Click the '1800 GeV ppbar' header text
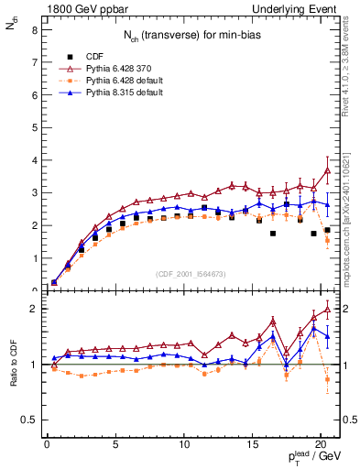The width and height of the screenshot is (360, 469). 80,8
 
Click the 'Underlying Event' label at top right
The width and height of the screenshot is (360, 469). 298,8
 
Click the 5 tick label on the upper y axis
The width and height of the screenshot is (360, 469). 33,127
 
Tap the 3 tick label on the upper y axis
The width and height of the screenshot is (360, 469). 33,192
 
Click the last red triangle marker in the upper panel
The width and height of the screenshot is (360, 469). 327,169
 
